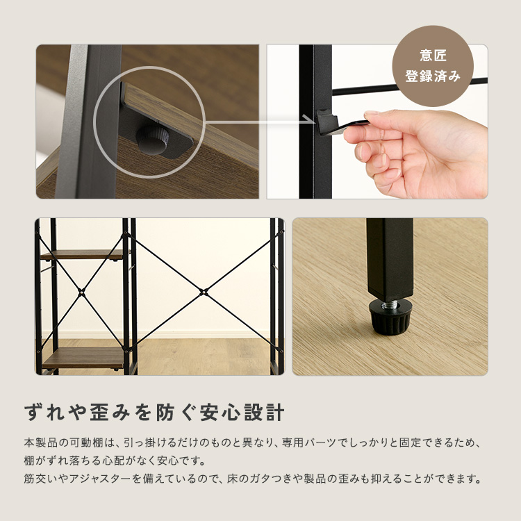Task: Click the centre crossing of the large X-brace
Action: click(x=203, y=291)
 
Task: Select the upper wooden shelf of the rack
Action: click(x=82, y=254)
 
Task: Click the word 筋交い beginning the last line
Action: click(x=38, y=479)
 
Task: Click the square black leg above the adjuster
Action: click(x=390, y=257)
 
